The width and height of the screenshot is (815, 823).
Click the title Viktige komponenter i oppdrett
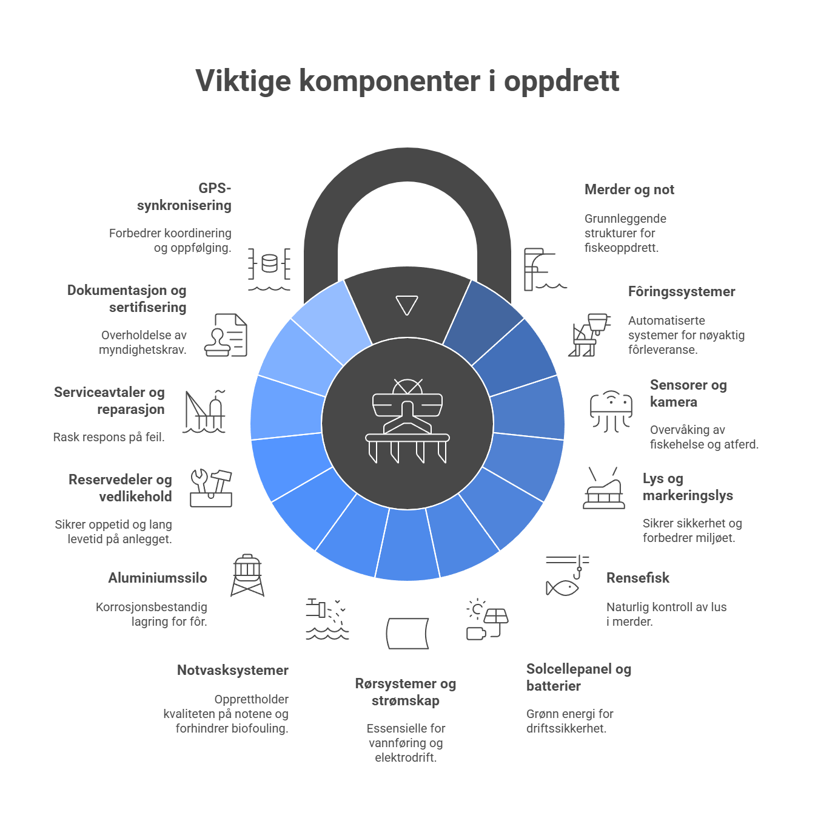coord(407,81)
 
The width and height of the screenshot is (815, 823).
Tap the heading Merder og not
coord(629,189)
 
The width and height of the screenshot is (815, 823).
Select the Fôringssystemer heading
coord(682,291)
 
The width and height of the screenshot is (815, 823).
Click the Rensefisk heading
coord(637,577)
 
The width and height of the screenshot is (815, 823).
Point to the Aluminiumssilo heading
coord(158,577)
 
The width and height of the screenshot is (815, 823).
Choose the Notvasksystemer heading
coord(233,669)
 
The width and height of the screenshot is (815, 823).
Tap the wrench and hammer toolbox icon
coord(211,488)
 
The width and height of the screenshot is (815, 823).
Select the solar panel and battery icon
coord(487,619)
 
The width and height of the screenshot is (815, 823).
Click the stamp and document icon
coord(226,335)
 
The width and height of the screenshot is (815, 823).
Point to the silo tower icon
coord(247,575)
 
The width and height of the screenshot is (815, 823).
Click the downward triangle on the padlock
coord(406,305)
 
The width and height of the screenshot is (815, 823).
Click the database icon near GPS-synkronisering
coord(269,269)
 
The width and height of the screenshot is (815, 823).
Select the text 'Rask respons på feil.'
coord(109,437)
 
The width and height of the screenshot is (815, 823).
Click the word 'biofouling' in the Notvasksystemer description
coord(259,728)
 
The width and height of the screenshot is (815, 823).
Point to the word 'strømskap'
coord(405,700)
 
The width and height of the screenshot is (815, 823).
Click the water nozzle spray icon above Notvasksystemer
coord(327,619)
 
